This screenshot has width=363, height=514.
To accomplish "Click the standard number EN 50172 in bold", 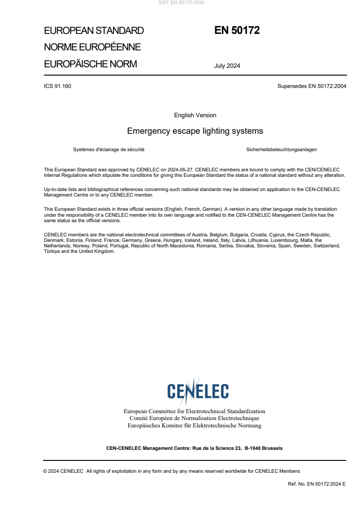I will coord(237,31).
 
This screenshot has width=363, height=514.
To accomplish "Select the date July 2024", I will coord(227,66).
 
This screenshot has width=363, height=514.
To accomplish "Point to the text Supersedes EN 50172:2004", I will coord(312,86).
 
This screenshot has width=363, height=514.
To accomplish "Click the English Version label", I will coord(195,115).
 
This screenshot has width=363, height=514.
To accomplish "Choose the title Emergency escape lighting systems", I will coord(195,131).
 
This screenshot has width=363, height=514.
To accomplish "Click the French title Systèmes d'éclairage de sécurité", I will coord(109,150).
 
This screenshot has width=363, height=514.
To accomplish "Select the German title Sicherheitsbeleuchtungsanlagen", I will coord(282,150).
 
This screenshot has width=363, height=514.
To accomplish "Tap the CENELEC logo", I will coord(198,390).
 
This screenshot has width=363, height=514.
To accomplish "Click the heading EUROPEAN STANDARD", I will coord(94,31).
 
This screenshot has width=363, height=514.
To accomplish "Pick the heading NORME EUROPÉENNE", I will coord(92,47).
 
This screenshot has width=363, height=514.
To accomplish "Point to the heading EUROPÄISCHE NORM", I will coord(90,64).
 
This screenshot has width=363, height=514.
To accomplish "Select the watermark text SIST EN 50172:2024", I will coord(182,3).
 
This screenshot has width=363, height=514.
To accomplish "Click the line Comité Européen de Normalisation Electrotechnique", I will coord(195,418).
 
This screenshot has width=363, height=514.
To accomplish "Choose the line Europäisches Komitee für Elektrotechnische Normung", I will coord(195,426).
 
